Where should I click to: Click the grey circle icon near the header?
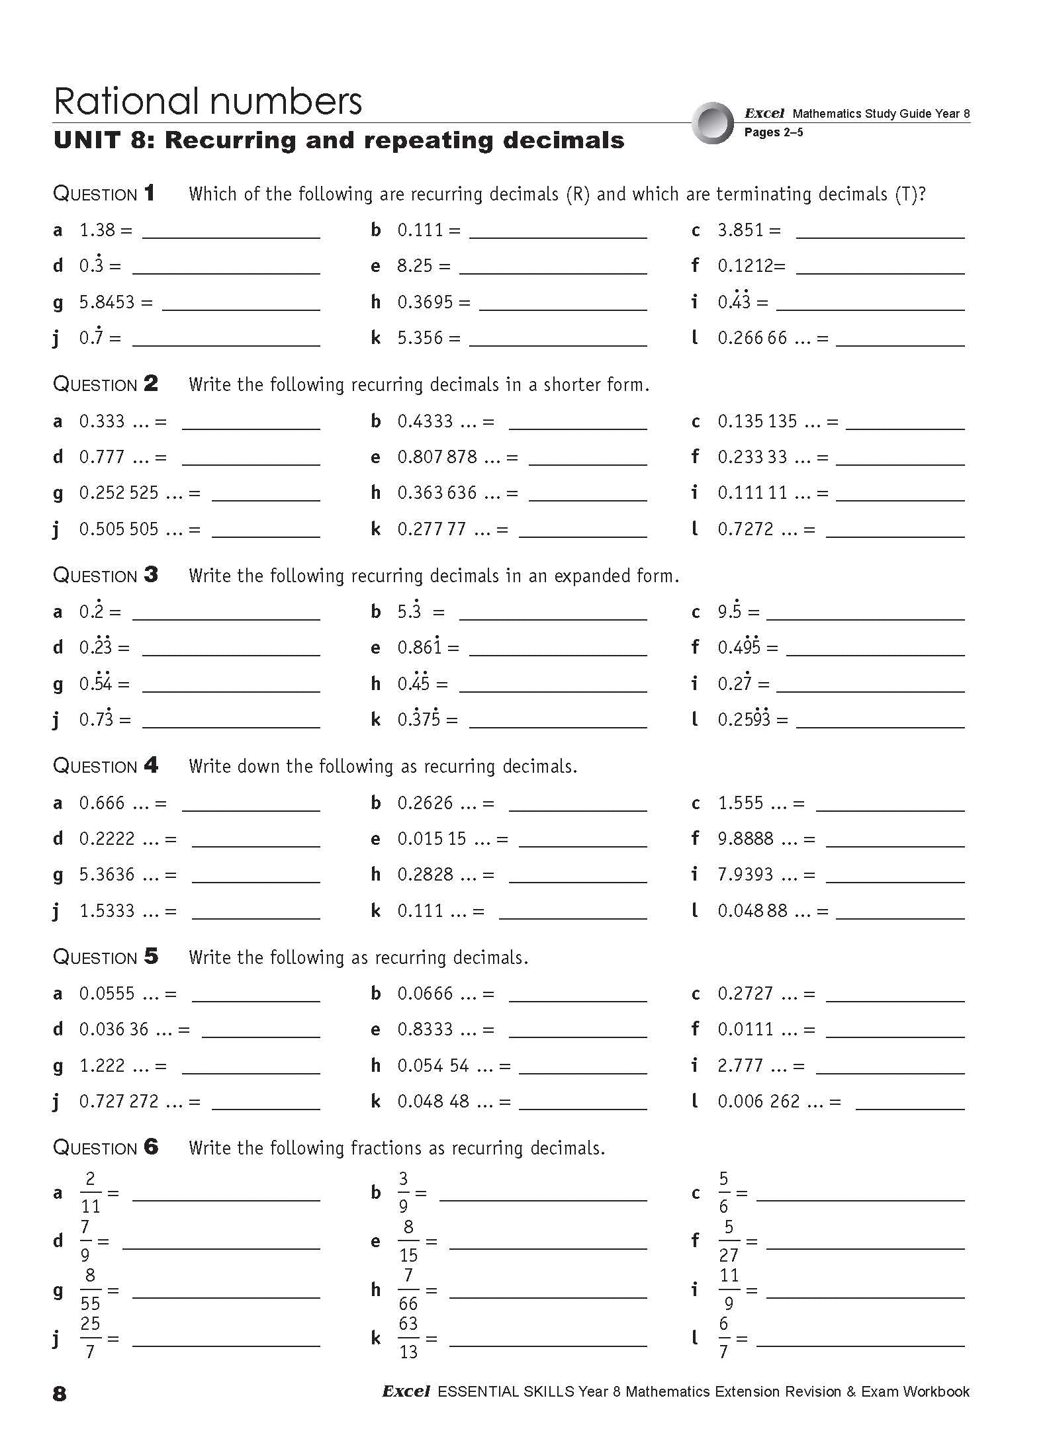713,123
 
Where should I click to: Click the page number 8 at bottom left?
60,1393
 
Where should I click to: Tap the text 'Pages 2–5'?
773,132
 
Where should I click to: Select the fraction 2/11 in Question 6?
90,1193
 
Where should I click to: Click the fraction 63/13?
408,1338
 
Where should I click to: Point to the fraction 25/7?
90,1338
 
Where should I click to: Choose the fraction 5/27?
729,1241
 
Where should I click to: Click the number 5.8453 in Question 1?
107,302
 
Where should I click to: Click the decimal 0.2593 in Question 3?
744,719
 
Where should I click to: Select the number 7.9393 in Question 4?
745,875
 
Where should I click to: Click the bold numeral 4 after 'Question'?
151,765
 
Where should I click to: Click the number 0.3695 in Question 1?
425,302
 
